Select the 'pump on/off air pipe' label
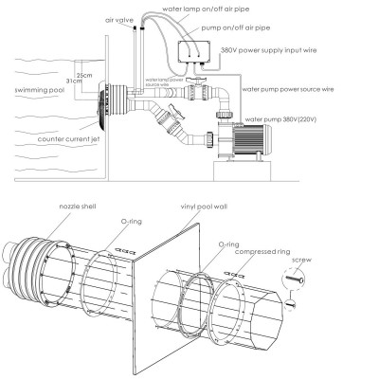pos(237,29)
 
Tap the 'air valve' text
pos(117,19)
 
